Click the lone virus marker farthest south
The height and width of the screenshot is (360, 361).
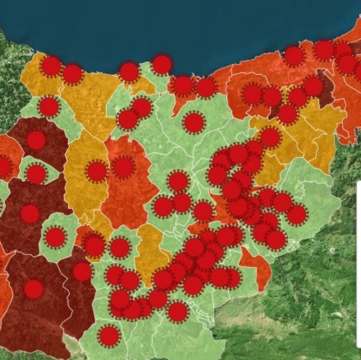(109, 335)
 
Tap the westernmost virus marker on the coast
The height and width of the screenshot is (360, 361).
(51, 66)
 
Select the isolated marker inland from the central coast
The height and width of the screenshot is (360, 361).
(193, 122)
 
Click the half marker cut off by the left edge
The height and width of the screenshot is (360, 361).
(4, 166)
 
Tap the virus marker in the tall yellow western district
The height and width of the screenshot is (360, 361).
(97, 171)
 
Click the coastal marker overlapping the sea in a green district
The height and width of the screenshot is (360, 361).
(162, 65)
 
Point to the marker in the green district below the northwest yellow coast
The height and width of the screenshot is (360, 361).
(49, 107)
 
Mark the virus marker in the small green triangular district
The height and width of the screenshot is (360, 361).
(36, 174)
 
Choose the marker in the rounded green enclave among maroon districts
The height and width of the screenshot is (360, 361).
(55, 237)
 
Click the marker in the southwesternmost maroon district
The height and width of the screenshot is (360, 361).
(33, 289)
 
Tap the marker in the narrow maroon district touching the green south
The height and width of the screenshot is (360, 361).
(82, 272)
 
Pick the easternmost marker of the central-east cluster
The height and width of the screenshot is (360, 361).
(297, 214)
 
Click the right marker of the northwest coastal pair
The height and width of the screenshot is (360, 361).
(72, 74)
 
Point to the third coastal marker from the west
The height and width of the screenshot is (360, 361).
(129, 72)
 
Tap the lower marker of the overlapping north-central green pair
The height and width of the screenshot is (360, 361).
(128, 120)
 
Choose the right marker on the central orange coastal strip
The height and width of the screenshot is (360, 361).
(206, 88)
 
